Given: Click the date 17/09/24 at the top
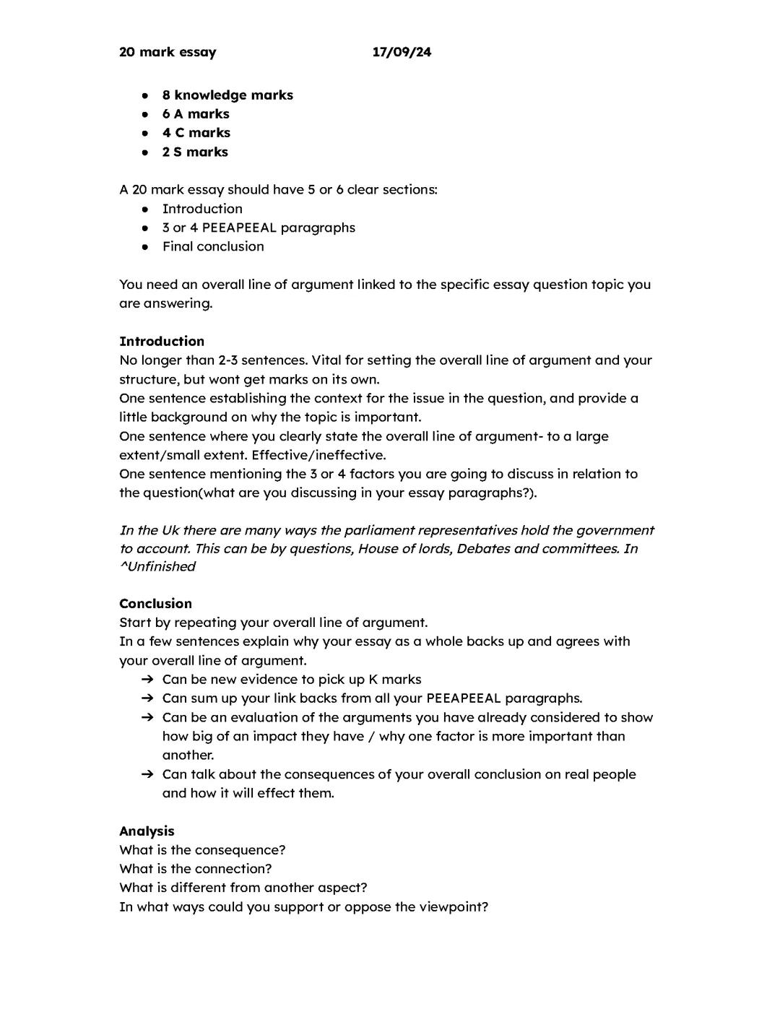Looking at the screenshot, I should coord(402,52).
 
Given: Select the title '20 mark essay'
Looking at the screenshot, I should coord(168,52).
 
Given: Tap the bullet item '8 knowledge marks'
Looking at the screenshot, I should coord(227,95).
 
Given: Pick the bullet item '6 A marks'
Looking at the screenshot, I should coord(196,114).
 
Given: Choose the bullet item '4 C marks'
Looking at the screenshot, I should coord(196,133).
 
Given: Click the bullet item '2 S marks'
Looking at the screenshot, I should coord(195,152).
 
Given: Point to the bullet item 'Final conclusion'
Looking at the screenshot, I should coord(213,246).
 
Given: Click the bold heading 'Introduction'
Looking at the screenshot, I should coord(162,342).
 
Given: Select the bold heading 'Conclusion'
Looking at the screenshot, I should coord(155,604).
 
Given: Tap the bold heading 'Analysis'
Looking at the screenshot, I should coord(147,831).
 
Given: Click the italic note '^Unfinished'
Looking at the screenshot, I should coord(157,567).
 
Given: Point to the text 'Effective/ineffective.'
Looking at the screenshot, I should coord(318,455).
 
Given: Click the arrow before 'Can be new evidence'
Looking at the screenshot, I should coord(147,680).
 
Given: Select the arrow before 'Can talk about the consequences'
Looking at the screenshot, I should coord(147,774).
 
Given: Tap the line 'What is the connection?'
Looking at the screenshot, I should coord(196,869).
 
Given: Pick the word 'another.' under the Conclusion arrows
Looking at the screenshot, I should coord(188,755).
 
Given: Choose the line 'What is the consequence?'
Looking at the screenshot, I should coord(202,850).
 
